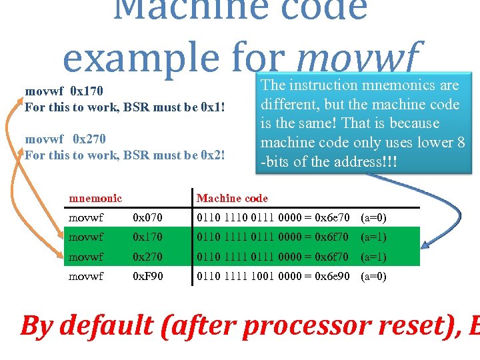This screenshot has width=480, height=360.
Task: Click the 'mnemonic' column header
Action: (x=95, y=198)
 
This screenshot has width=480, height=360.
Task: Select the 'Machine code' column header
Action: (x=232, y=198)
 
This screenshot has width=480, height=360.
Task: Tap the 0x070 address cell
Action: (x=148, y=217)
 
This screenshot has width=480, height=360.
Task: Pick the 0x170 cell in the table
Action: (x=148, y=237)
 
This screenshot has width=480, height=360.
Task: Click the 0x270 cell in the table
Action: (x=148, y=257)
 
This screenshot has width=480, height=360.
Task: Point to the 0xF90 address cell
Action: (x=148, y=276)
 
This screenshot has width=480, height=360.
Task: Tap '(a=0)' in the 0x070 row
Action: (x=373, y=217)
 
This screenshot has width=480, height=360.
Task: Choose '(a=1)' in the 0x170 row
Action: (x=373, y=237)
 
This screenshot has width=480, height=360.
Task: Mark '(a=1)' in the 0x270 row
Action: (x=373, y=257)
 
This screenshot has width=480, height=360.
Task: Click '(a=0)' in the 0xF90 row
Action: (x=373, y=276)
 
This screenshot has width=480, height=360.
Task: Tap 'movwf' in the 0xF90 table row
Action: (x=86, y=276)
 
